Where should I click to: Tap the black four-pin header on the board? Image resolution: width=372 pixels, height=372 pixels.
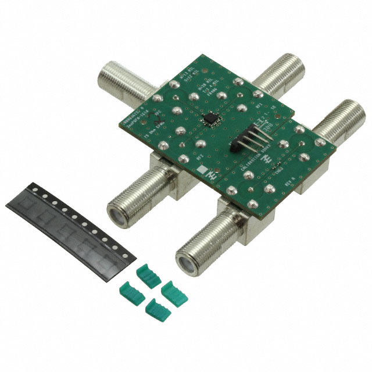point(249,137)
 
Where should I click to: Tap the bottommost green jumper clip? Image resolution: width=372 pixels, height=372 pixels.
point(156,306)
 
